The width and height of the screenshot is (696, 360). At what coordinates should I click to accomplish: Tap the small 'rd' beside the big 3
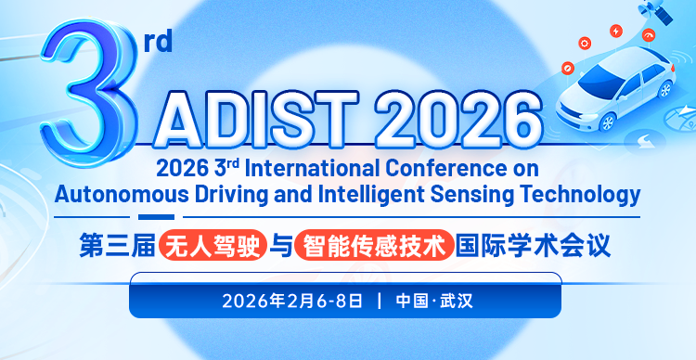(159, 43)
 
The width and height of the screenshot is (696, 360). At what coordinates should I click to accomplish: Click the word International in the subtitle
(310, 170)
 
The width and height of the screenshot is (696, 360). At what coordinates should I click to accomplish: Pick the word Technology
(581, 195)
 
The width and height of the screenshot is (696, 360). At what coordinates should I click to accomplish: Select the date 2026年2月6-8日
(292, 302)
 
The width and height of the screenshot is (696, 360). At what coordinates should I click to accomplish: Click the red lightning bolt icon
(615, 31)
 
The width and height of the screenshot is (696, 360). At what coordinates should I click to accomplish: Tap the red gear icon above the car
(585, 42)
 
